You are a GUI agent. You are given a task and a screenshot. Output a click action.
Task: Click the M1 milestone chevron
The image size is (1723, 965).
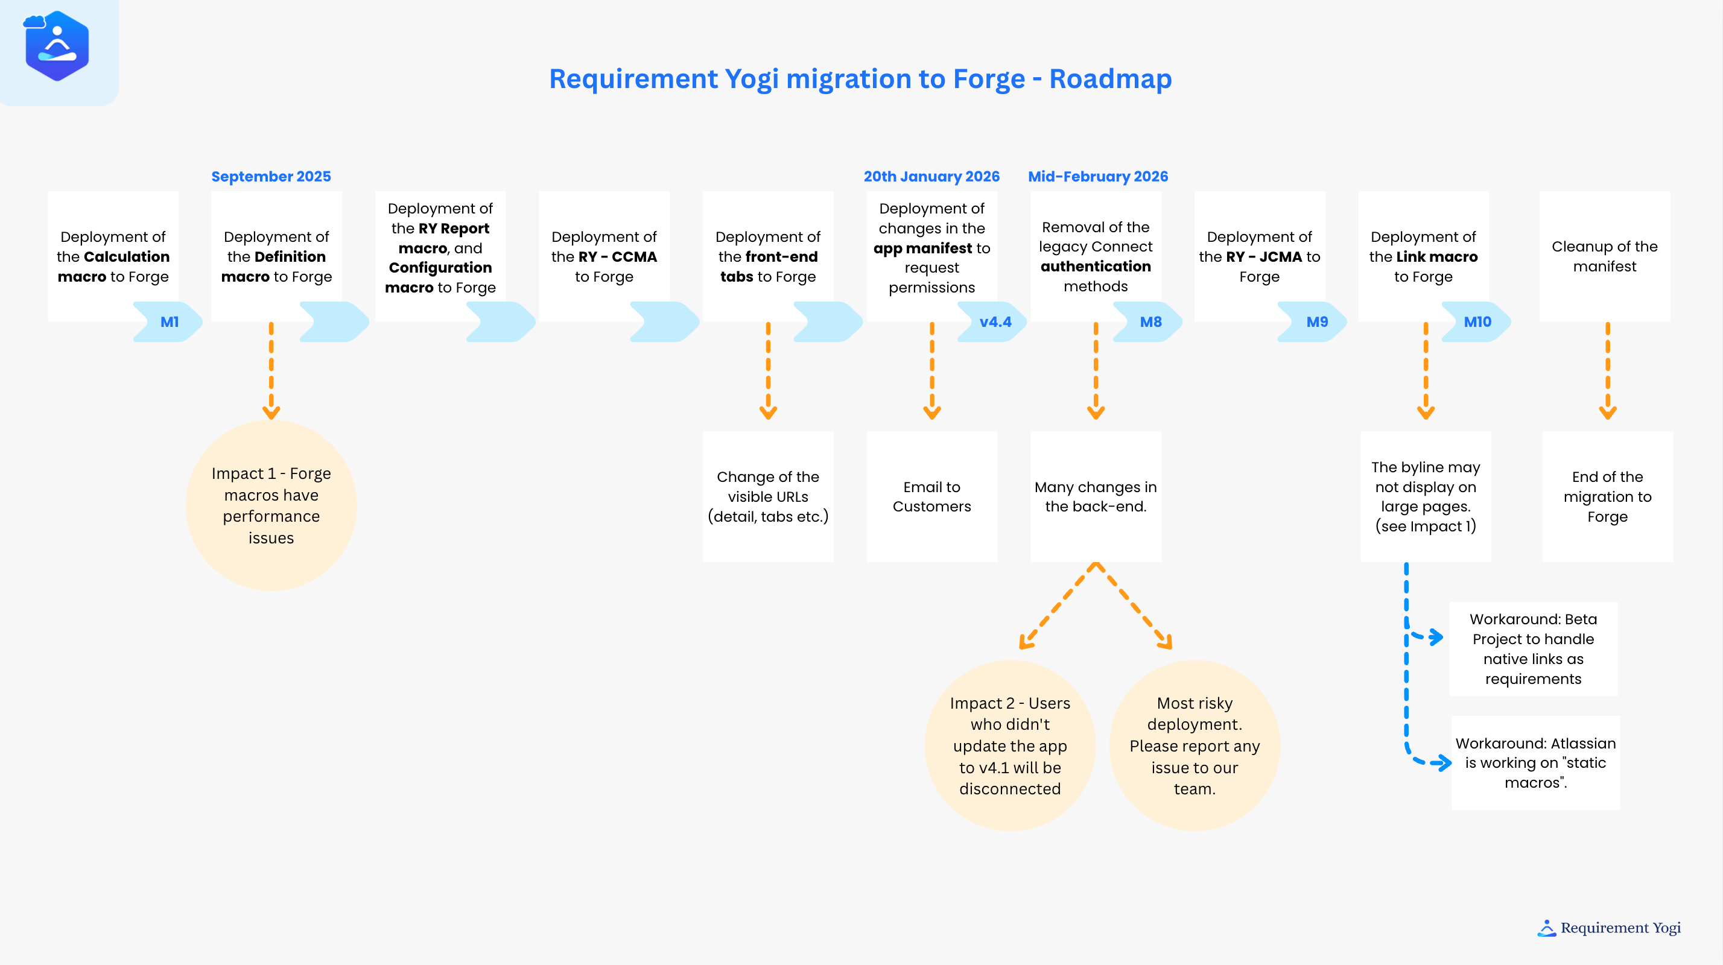click(168, 321)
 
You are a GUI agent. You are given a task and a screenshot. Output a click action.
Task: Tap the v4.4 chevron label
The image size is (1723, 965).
click(995, 321)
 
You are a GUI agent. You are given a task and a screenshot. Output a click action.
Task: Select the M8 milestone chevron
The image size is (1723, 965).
click(1150, 321)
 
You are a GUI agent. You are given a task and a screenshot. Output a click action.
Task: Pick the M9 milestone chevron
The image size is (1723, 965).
click(1316, 321)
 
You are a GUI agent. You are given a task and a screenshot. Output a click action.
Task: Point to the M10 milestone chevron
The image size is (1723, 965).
click(1477, 321)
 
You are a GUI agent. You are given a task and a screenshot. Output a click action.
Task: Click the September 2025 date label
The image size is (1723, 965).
click(271, 177)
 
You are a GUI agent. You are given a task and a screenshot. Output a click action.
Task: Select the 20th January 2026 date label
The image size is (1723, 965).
click(931, 177)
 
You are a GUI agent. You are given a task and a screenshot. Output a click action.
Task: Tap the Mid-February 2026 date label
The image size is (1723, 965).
click(1097, 177)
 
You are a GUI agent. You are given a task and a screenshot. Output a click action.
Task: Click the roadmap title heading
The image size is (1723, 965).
click(860, 79)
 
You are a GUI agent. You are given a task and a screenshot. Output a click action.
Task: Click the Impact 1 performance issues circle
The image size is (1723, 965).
click(271, 505)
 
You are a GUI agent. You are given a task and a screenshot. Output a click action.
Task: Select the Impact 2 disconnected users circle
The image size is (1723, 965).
click(1009, 745)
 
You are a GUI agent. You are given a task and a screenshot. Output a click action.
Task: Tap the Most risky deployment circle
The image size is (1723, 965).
click(1194, 745)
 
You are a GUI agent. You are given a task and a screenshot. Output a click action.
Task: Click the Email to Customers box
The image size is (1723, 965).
click(931, 497)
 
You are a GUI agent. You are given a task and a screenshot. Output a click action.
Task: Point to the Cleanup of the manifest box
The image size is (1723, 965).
click(1604, 256)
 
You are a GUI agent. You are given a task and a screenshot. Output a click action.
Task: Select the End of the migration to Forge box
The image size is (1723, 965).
click(1607, 497)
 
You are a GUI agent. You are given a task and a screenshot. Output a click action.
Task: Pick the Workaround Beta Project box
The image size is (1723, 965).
click(1532, 649)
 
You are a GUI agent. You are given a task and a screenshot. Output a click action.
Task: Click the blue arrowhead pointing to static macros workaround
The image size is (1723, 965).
click(1444, 762)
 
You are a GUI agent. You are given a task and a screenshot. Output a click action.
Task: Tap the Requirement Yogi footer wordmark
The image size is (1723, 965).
click(1619, 928)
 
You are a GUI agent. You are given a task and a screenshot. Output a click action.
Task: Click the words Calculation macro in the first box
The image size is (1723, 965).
click(113, 266)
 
